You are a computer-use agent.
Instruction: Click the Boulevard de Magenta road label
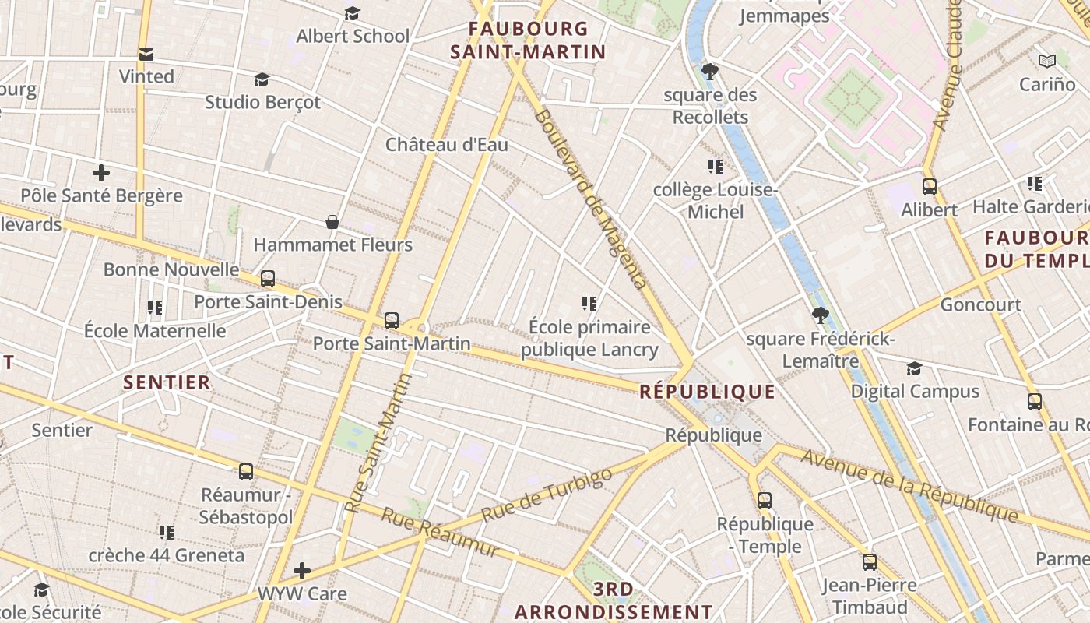pyautogui.click(x=591, y=199)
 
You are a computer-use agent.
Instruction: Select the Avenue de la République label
pyautogui.click(x=909, y=486)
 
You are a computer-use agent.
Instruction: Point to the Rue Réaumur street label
pyautogui.click(x=440, y=533)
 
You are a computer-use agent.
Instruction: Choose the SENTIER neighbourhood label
pyautogui.click(x=167, y=382)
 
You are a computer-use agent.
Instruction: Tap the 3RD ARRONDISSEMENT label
pyautogui.click(x=614, y=600)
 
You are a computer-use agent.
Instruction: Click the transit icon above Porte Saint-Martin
pyautogui.click(x=392, y=321)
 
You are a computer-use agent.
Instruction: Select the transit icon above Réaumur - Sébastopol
pyautogui.click(x=246, y=472)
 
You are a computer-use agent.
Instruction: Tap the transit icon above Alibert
pyautogui.click(x=929, y=187)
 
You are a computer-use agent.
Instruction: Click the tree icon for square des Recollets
pyautogui.click(x=709, y=72)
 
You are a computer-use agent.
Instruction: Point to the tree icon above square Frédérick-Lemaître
pyautogui.click(x=819, y=315)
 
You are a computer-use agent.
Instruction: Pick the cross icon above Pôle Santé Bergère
pyautogui.click(x=101, y=173)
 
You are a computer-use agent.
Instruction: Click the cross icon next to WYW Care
pyautogui.click(x=302, y=572)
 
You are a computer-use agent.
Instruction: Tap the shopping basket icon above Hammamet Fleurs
pyautogui.click(x=332, y=223)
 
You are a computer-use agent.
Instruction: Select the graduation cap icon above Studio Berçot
pyautogui.click(x=262, y=80)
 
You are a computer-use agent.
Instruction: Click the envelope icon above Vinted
pyautogui.click(x=146, y=55)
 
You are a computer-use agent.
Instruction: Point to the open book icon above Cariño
pyautogui.click(x=1047, y=61)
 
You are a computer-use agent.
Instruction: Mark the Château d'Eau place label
pyautogui.click(x=447, y=145)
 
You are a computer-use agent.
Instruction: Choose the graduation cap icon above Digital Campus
pyautogui.click(x=914, y=369)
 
